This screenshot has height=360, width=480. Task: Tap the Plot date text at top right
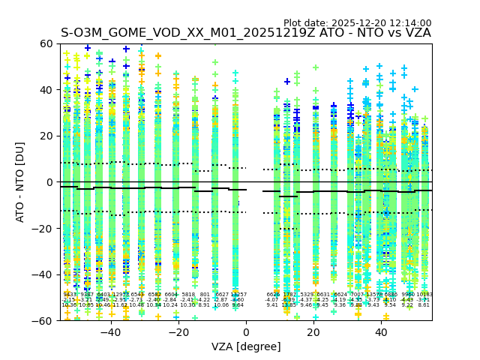tap(357, 23)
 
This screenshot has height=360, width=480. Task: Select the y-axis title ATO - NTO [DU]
tap(20, 182)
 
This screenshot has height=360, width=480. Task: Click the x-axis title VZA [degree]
tap(246, 346)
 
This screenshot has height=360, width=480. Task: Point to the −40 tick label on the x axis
tap(110, 332)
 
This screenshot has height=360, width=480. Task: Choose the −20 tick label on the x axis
tap(178, 332)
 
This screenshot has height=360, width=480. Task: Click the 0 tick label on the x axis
tap(246, 332)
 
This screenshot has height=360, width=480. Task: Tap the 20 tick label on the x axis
tap(313, 332)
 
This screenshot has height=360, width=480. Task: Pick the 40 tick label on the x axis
tap(381, 332)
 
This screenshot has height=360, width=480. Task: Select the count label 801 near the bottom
tap(205, 295)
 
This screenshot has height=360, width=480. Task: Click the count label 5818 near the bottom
tap(187, 295)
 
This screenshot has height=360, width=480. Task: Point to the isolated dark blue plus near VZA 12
tap(286, 81)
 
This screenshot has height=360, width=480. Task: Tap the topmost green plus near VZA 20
tap(316, 67)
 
